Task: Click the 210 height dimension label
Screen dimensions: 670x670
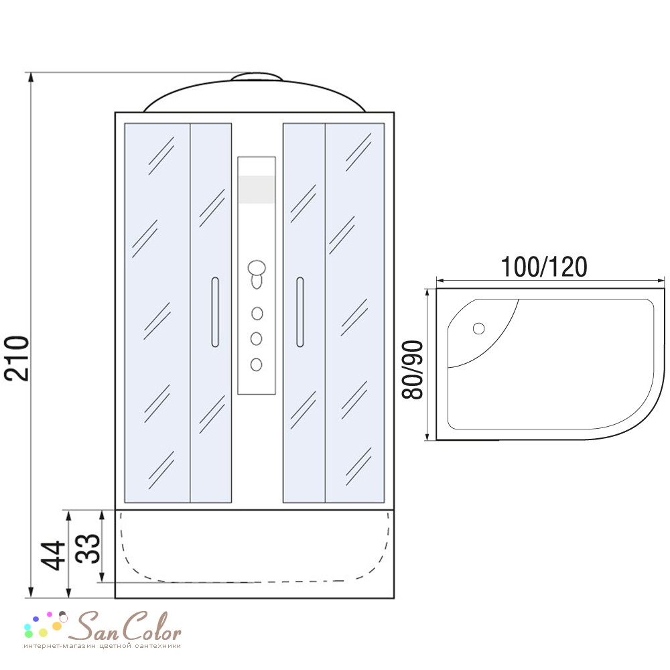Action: [x=17, y=358]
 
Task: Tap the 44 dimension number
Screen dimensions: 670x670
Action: [x=54, y=555]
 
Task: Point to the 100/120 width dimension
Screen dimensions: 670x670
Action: [x=544, y=267]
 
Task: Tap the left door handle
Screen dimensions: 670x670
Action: [x=215, y=312]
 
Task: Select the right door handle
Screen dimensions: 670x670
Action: [x=300, y=312]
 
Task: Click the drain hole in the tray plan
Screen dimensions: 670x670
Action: [x=478, y=328]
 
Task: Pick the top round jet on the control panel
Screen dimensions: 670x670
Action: [x=257, y=314]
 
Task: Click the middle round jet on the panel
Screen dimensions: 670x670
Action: [x=257, y=339]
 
